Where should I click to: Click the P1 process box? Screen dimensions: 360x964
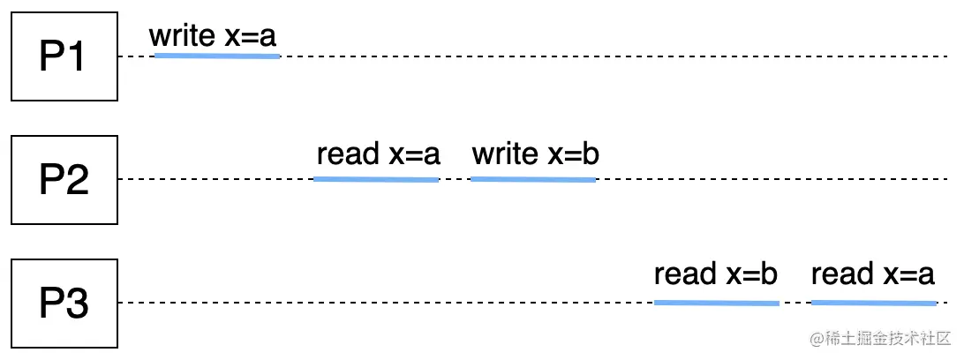point(64,56)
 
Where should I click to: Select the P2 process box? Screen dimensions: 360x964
point(64,179)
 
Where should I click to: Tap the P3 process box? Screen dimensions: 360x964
point(64,303)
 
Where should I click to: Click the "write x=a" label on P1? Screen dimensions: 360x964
point(213,36)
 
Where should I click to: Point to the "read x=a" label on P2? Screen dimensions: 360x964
point(378,154)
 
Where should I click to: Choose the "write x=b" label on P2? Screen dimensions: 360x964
point(535,154)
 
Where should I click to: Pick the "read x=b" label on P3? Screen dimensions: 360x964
point(715,274)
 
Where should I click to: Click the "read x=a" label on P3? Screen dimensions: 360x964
point(872,274)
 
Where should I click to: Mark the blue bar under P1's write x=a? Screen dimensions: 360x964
point(217,56)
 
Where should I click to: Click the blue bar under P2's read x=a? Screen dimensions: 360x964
point(376,179)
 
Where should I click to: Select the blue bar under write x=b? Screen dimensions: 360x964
point(533,179)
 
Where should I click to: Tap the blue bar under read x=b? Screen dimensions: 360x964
point(716,303)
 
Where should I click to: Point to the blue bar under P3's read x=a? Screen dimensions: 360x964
point(873,303)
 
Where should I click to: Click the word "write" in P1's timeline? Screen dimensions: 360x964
point(182,36)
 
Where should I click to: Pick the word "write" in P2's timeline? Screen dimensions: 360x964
point(504,154)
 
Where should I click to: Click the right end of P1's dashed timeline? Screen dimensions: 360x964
point(945,56)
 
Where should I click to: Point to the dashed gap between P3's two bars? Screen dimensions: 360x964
point(795,303)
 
